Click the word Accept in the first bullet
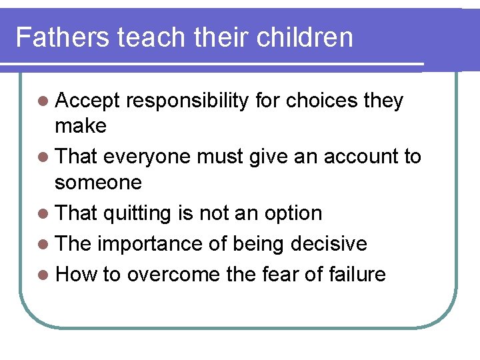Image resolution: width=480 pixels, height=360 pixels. coord(87,101)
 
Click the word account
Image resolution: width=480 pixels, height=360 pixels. coord(355,157)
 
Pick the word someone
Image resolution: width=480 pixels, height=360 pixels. coord(98,181)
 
